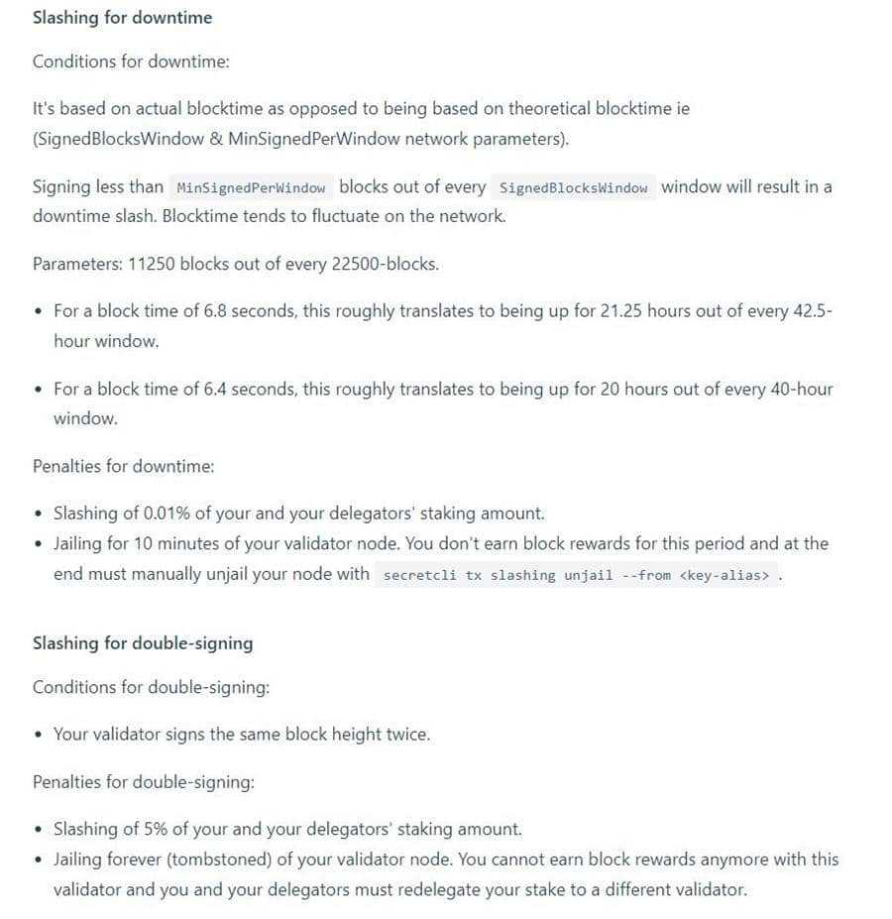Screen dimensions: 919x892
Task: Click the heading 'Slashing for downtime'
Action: click(122, 18)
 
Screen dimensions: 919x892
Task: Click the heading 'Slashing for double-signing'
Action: click(143, 643)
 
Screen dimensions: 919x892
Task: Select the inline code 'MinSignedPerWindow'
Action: click(250, 188)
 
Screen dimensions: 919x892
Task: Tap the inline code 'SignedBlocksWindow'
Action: click(574, 188)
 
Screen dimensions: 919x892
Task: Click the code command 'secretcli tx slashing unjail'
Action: click(498, 575)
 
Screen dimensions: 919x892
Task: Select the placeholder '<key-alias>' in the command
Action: click(725, 575)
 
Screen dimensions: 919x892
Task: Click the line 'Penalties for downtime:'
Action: click(124, 466)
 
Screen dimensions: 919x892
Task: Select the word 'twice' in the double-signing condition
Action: click(406, 735)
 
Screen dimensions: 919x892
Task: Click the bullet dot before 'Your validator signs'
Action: click(38, 736)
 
